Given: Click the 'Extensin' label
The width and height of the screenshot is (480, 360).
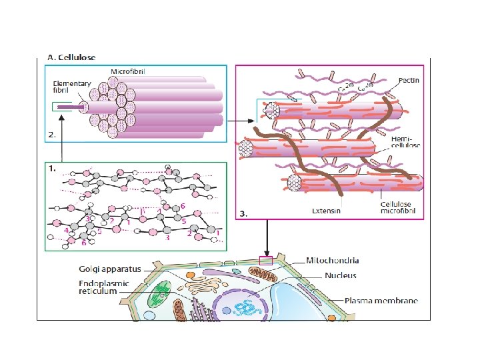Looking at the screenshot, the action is tap(327, 211).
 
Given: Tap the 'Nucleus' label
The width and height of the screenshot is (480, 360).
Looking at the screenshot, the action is tap(339, 275).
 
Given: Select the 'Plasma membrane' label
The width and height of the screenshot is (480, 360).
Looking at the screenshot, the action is tap(381, 301).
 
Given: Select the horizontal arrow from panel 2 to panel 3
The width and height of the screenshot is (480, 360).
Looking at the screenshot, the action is tap(241, 121).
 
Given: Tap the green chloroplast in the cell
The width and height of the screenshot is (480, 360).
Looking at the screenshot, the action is tap(160, 294).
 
